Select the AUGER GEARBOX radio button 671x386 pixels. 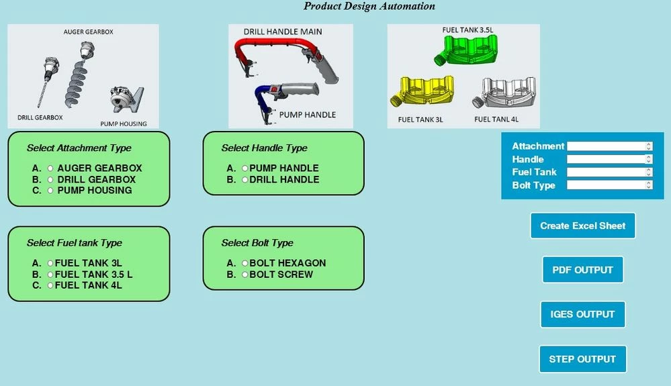tap(50, 168)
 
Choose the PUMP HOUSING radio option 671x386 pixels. tap(50, 191)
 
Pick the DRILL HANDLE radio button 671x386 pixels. tap(245, 180)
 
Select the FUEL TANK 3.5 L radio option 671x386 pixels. tap(50, 275)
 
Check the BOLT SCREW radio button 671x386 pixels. tap(245, 275)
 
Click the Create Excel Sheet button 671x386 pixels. tap(582, 226)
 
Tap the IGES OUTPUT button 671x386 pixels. tap(582, 314)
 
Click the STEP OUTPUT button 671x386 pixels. tap(582, 359)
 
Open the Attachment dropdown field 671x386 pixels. tap(609, 146)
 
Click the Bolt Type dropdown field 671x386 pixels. tap(609, 185)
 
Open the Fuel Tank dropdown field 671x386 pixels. tap(609, 173)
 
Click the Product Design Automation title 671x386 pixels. tap(369, 7)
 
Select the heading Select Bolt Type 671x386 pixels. tap(257, 243)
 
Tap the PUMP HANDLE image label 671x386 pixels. tap(307, 115)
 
